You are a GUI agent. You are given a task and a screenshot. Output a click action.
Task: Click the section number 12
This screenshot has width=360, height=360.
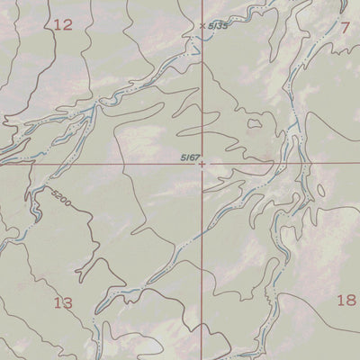[x=62, y=25]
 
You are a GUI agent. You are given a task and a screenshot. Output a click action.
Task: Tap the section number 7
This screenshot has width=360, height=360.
[x=345, y=27]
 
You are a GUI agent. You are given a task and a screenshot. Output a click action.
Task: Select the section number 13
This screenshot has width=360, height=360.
[x=62, y=303]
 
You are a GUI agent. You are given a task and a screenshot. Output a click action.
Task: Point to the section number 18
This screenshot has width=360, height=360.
[x=346, y=301]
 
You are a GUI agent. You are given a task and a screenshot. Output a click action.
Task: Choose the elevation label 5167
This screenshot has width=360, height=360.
[x=189, y=157]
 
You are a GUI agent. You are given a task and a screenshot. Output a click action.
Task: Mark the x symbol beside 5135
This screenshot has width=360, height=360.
[x=202, y=25]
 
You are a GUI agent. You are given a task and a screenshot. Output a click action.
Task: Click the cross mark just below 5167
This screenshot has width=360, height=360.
[x=202, y=165]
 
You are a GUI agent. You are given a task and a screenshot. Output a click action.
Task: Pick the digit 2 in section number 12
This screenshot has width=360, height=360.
[x=67, y=25]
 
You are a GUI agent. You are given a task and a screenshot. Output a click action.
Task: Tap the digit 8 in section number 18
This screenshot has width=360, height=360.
[x=351, y=301]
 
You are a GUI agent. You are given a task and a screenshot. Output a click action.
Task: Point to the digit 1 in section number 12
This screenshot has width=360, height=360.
[x=57, y=25]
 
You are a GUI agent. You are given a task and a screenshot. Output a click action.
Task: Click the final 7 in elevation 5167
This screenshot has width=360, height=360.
[x=196, y=157]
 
